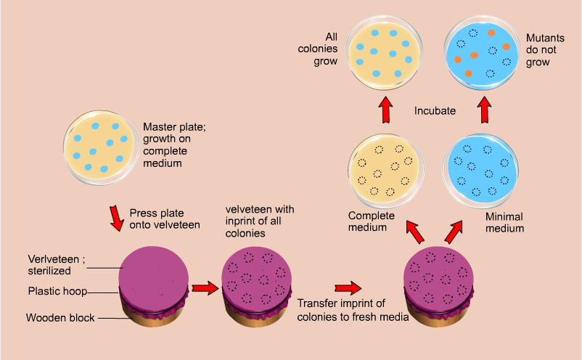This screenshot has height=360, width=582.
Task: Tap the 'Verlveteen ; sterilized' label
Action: tap(58, 265)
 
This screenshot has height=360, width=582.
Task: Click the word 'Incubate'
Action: tap(435, 111)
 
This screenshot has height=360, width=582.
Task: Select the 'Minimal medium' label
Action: tap(500, 222)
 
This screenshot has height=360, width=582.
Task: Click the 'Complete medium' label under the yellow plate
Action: tap(372, 221)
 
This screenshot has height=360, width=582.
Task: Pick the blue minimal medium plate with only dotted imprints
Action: tap(480, 169)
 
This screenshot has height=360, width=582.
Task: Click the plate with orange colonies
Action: tap(480, 51)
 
